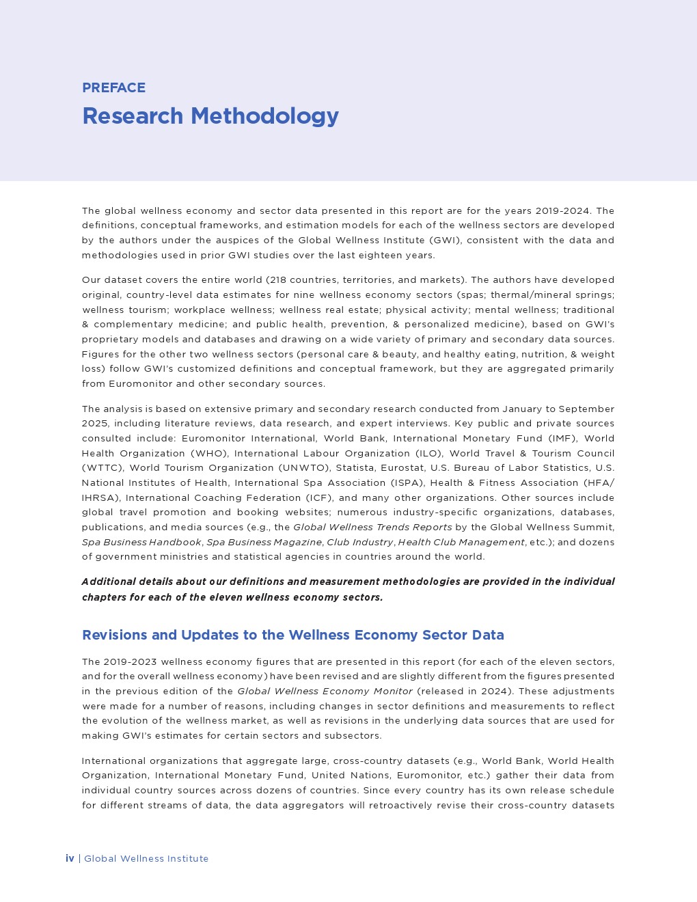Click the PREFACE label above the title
(113, 87)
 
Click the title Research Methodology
(210, 116)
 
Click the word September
(586, 409)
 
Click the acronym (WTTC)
(102, 467)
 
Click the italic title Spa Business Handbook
(141, 542)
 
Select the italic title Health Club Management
(461, 542)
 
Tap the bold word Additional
(108, 582)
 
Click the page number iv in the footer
(70, 858)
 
